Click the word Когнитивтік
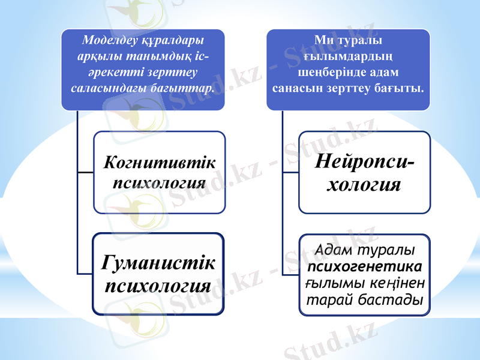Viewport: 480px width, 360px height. [159, 163]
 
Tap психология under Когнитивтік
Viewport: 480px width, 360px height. [159, 181]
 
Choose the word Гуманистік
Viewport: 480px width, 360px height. [158, 262]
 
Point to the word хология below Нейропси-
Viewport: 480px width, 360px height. [363, 184]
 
